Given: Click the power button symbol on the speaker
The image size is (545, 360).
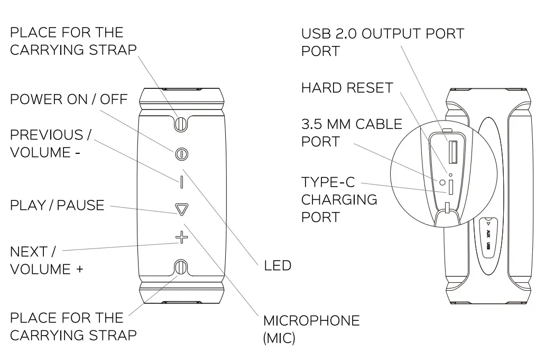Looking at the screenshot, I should (181, 154).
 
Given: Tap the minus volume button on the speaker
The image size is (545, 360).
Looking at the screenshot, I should (181, 182).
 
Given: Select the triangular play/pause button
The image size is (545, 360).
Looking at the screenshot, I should (181, 210).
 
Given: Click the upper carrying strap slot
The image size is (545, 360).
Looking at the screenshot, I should (181, 123).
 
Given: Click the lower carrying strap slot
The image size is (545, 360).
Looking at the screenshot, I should (181, 267).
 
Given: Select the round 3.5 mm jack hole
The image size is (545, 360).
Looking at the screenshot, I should (443, 182).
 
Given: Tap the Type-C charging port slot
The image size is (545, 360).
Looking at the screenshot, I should (451, 187).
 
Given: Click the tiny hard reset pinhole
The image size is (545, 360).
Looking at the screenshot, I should (450, 173).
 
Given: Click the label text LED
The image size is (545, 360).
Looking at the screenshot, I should (278, 265).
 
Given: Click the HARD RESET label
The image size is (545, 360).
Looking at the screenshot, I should (347, 88).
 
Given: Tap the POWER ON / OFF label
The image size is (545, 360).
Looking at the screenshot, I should (69, 99).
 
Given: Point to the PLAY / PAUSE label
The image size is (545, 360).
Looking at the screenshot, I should (57, 205).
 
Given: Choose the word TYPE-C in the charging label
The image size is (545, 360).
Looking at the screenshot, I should (328, 183).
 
